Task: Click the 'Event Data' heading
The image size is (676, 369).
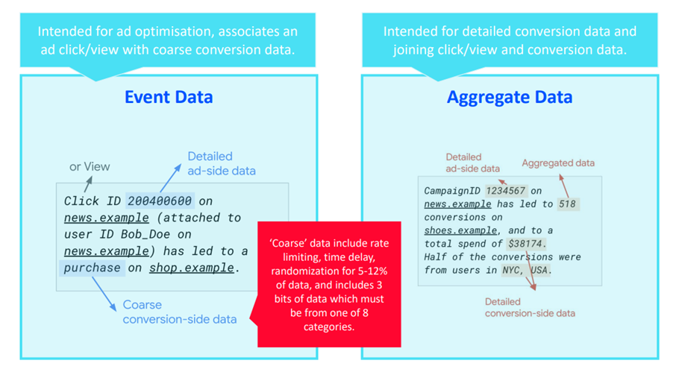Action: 169,97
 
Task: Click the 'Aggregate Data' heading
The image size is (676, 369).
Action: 510,97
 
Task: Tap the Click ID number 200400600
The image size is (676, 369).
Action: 160,201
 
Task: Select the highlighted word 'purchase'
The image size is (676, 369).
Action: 93,268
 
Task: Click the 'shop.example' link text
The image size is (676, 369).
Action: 192,268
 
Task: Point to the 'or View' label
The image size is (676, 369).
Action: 90,167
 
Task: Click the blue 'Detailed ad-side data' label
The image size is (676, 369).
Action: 221,163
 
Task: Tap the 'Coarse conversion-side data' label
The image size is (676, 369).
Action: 179,312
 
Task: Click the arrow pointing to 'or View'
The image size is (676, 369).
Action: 88,184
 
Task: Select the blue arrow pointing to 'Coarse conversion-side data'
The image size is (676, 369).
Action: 104,294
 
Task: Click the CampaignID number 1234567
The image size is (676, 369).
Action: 505,191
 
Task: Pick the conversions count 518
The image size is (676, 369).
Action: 567,204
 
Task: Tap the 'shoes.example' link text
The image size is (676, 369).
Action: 460,230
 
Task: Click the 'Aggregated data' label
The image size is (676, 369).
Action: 558,163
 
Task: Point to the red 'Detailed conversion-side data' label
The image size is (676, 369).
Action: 530,307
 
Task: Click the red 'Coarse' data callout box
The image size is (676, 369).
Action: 329,284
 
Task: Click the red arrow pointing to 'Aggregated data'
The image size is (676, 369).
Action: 564,186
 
